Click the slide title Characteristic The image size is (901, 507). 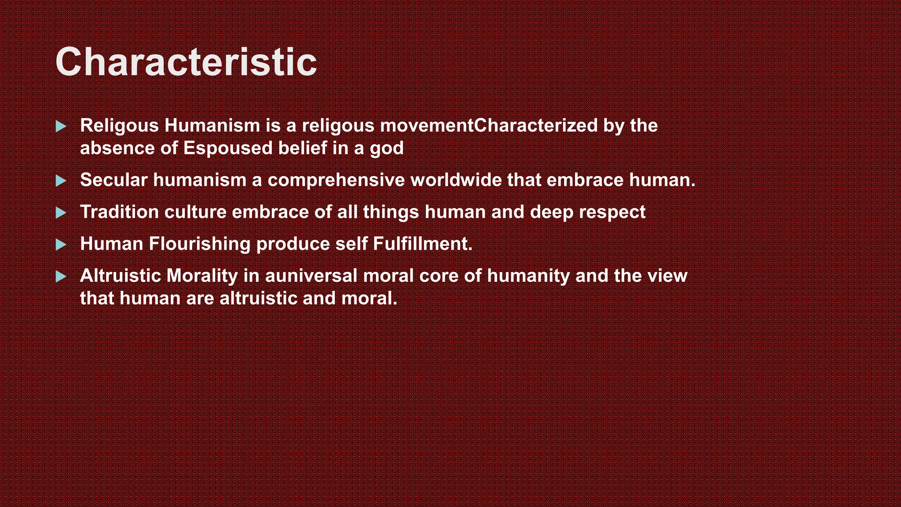[x=186, y=62]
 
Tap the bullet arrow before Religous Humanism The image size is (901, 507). [x=61, y=127]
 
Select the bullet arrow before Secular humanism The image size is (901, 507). [x=61, y=180]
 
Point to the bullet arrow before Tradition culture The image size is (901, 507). [x=61, y=213]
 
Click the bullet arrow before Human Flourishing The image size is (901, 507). [x=61, y=245]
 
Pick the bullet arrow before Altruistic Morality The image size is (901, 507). [x=61, y=276]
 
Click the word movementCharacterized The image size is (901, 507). [x=489, y=126]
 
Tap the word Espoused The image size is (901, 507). [x=228, y=148]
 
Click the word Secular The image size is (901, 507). [x=114, y=180]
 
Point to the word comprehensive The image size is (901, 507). [x=336, y=180]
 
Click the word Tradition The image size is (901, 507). [x=119, y=212]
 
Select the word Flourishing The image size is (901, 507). [x=200, y=244]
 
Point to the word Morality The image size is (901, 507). [x=202, y=276]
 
